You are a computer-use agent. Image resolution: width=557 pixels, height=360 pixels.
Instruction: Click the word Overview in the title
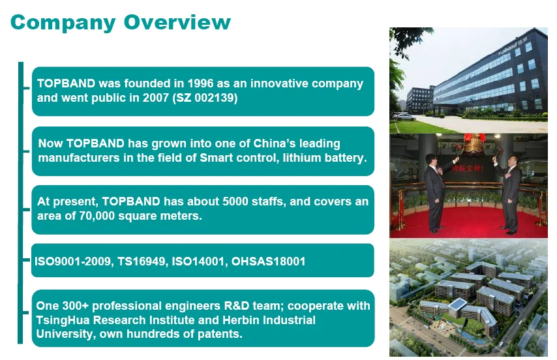coord(177,22)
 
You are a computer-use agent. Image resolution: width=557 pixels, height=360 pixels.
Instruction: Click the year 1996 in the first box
coord(200,83)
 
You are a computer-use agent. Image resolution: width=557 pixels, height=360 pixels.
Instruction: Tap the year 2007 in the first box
coord(156,98)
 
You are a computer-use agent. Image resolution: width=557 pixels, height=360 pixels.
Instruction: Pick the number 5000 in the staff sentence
coord(235,202)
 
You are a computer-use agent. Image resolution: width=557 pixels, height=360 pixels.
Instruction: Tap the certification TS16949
coord(142,262)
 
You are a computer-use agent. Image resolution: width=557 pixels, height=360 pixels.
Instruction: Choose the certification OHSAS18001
coord(268,262)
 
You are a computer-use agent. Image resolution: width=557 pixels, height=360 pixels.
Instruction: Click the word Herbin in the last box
coord(241,320)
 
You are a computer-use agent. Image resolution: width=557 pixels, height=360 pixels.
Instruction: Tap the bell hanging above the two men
coord(475,143)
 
